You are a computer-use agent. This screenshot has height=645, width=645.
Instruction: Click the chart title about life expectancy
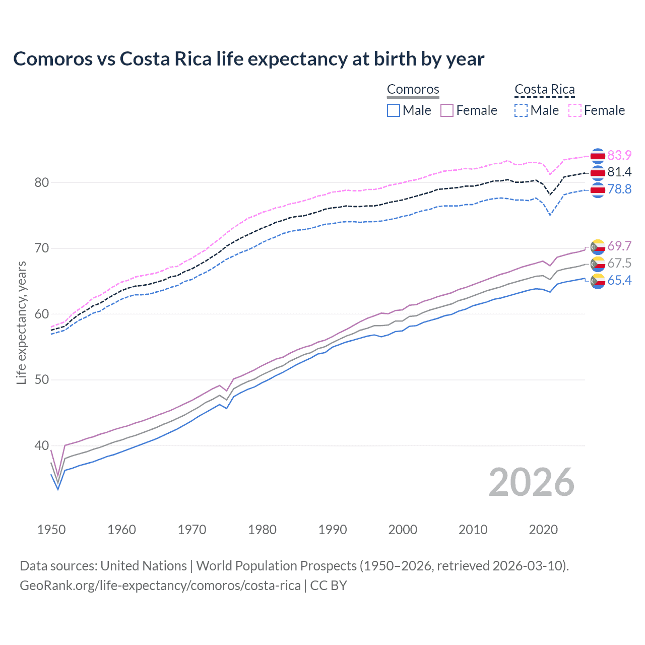pos(248,59)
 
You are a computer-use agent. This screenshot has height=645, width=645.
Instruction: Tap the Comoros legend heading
pos(413,90)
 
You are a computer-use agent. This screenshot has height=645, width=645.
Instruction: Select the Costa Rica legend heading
pos(544,90)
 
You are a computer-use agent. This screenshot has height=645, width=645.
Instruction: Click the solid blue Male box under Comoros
pos(394,110)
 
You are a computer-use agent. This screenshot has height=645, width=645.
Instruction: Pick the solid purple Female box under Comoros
pos(447,110)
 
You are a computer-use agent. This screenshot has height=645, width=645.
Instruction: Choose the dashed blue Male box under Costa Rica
pos(521,110)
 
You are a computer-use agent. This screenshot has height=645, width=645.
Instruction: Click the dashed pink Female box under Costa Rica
pos(575,110)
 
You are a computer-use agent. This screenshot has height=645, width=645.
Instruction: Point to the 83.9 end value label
pos(619,155)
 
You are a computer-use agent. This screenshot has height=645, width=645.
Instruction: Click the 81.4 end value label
pos(619,172)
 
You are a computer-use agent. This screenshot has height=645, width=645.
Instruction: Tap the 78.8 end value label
pos(619,189)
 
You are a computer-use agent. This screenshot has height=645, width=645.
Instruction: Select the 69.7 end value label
pos(619,246)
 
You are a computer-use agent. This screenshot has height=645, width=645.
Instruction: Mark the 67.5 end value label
pos(619,264)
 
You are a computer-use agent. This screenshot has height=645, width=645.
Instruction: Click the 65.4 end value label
pos(619,281)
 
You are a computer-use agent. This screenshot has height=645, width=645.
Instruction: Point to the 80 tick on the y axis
pos(41,182)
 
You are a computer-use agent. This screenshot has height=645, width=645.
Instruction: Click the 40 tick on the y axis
pos(41,446)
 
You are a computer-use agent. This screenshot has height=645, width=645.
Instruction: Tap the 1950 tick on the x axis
pos(51,530)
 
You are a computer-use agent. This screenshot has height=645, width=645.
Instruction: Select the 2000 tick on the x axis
pos(403,530)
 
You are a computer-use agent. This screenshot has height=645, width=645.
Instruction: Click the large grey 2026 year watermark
pos(531,482)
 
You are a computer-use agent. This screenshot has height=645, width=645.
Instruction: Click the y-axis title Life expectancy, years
pos(21,322)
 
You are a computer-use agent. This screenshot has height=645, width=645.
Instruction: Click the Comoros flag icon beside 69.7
pos(598,247)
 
